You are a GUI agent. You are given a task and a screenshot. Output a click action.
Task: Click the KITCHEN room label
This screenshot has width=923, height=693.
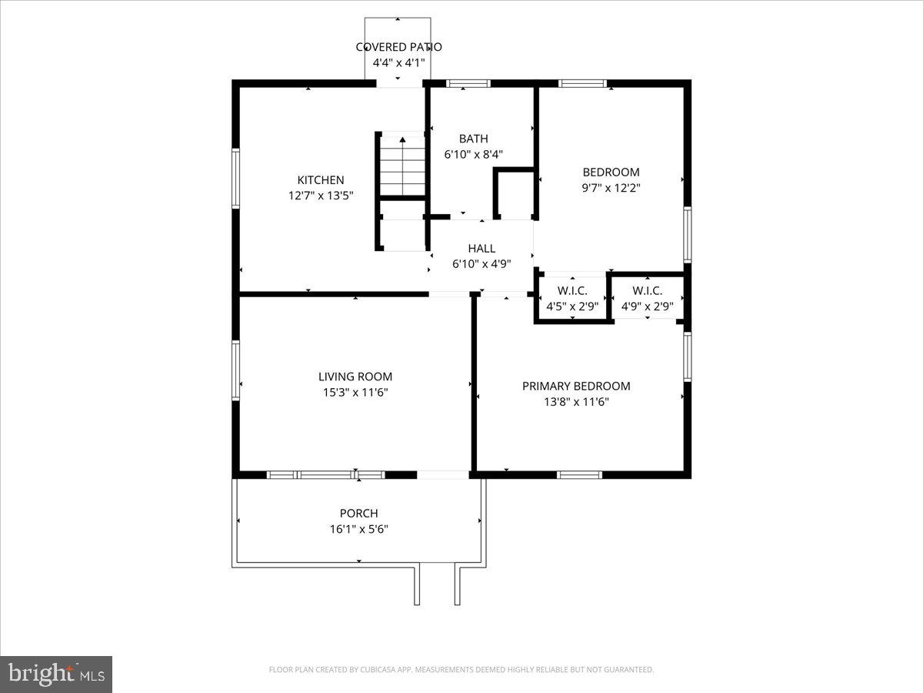point(321,180)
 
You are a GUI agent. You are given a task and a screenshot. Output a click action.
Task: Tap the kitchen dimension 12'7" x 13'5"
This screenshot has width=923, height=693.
point(321,196)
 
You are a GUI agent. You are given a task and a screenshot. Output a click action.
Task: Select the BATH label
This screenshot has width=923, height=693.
point(473,139)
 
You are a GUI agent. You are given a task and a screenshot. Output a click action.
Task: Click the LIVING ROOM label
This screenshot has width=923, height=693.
point(355,377)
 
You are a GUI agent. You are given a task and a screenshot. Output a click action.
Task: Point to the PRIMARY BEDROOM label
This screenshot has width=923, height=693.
point(576,386)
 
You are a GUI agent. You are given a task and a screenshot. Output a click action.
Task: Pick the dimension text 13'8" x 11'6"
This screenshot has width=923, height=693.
point(576,402)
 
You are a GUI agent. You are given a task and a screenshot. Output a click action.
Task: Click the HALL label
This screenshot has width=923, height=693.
point(481,248)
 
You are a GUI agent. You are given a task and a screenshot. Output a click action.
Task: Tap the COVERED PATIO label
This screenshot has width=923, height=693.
point(398,47)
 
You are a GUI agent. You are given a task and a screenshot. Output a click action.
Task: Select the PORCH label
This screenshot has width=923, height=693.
point(359,513)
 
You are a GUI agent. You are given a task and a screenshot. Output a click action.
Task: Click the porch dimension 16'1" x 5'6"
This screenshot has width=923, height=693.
point(359,529)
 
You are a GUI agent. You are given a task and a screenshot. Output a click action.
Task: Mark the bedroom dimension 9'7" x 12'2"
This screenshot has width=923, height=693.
point(611,188)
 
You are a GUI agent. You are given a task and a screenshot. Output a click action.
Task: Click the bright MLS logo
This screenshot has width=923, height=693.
point(56,675)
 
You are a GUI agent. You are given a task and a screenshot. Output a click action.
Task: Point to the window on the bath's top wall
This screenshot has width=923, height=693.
point(468,83)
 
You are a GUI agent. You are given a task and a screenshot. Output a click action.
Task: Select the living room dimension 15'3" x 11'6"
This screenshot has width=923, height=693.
point(355,393)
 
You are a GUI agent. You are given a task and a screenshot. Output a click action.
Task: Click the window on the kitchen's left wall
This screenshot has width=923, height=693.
point(236,178)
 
